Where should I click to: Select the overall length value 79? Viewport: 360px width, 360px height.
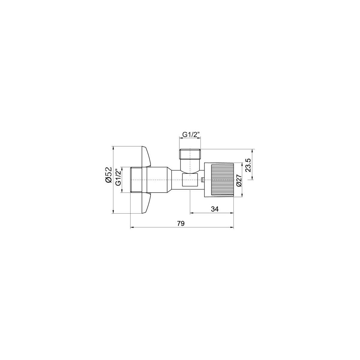(x=181, y=223)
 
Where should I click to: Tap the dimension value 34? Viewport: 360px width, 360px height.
(x=215, y=209)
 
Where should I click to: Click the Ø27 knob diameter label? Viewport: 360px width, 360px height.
(x=239, y=180)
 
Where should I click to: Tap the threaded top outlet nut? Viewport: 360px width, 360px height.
(x=190, y=153)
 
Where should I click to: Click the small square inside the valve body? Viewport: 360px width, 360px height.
(x=190, y=180)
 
